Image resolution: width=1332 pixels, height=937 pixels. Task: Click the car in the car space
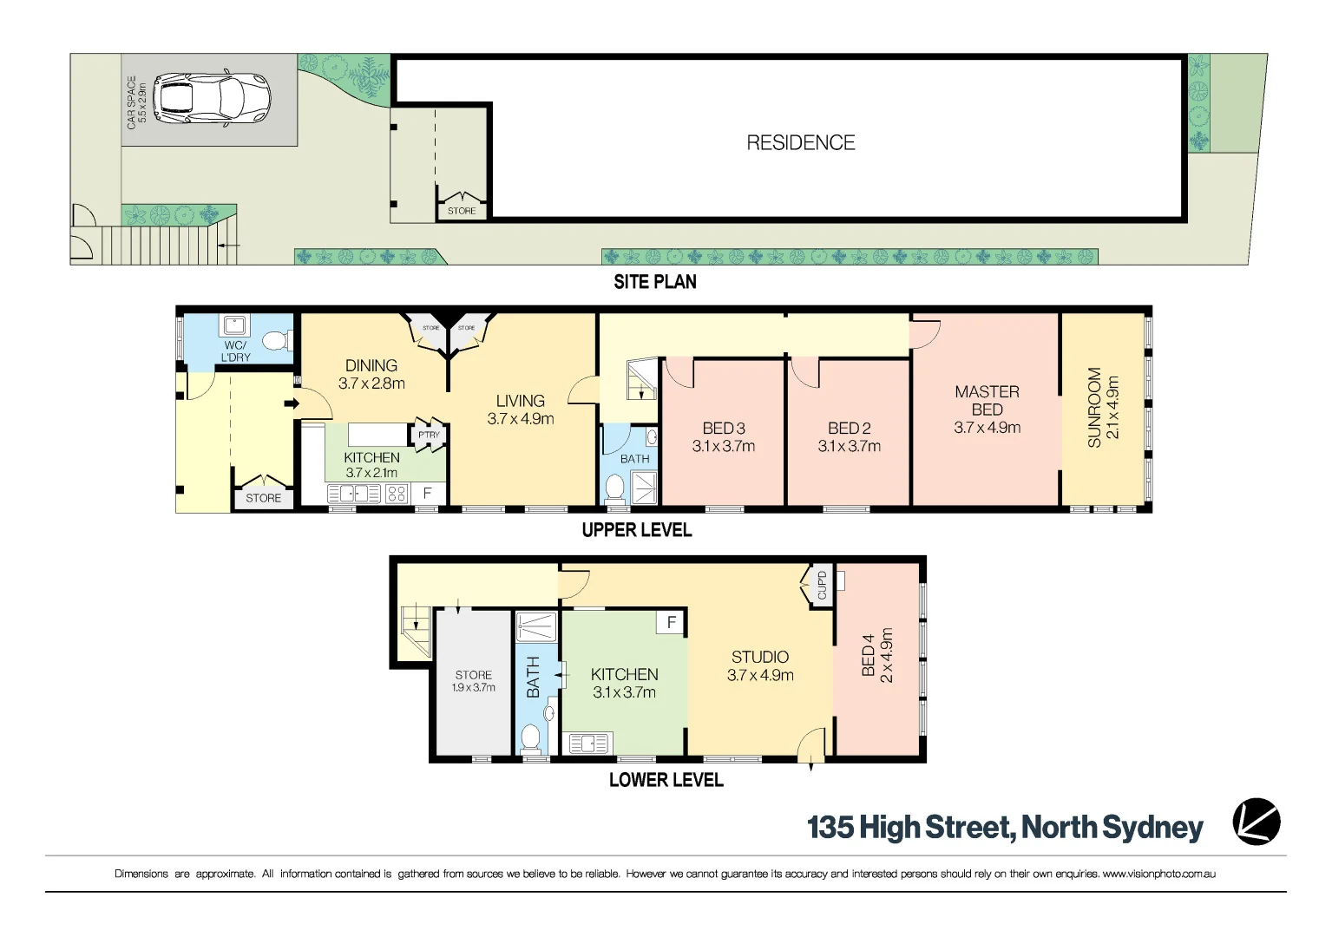click(212, 99)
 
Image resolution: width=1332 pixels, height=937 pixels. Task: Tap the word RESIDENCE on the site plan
click(800, 142)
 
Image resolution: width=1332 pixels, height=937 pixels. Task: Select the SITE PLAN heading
click(654, 282)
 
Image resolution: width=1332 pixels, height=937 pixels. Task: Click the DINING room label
click(371, 365)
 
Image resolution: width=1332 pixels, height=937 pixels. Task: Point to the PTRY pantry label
click(429, 435)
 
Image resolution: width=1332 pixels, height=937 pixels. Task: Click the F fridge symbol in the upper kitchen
click(427, 494)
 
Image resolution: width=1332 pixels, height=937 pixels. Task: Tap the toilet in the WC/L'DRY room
click(276, 341)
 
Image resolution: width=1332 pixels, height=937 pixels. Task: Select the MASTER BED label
click(988, 401)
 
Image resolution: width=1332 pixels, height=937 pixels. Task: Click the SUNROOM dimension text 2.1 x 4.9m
click(1113, 407)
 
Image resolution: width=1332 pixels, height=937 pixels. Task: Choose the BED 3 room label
click(723, 428)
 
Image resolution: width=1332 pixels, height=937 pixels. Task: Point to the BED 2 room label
click(850, 428)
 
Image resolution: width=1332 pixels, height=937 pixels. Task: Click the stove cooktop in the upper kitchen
click(397, 494)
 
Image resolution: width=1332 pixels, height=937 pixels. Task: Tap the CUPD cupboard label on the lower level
click(823, 585)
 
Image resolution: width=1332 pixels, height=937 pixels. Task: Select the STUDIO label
click(760, 657)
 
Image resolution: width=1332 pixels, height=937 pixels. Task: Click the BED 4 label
click(868, 655)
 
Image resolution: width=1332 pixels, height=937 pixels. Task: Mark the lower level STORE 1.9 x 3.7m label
click(473, 681)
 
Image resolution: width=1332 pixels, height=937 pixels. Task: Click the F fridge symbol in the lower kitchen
click(672, 622)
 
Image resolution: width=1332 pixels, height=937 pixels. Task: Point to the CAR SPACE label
click(131, 102)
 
